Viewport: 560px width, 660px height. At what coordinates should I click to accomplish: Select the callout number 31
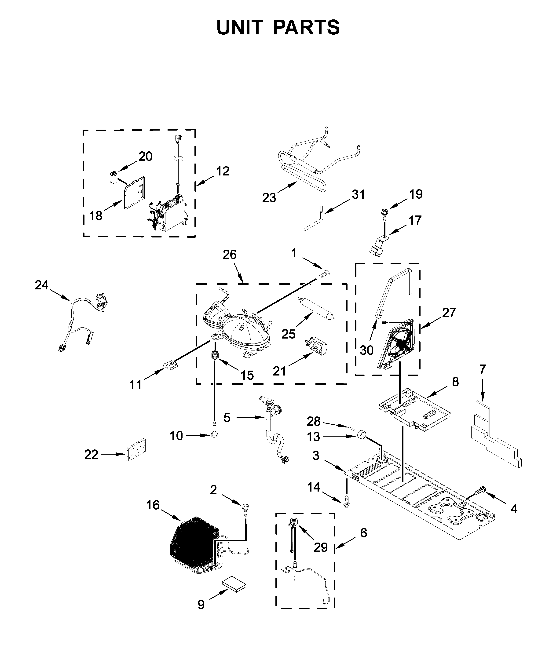[x=359, y=194]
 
